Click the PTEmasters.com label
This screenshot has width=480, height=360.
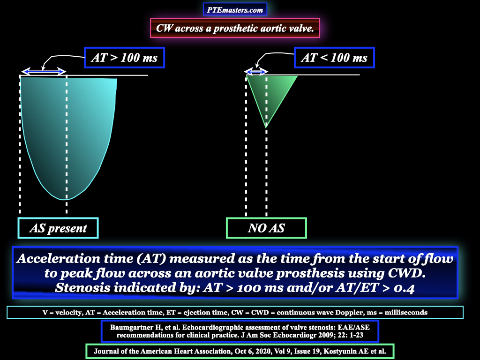point(235,9)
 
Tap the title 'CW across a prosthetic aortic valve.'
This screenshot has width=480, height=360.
point(235,28)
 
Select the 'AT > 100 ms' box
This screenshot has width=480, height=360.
point(124,58)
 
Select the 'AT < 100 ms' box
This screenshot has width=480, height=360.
point(334,58)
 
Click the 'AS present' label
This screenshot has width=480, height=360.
point(58,228)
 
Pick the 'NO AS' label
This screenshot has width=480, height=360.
point(266,228)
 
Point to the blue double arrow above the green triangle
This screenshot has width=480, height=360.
point(256,72)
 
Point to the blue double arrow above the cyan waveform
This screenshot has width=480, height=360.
point(44,72)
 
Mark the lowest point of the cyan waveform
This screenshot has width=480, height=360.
point(65,200)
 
